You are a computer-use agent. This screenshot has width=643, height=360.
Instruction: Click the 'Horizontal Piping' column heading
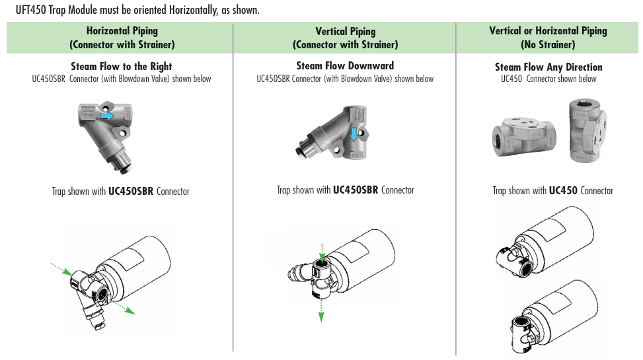(x=122, y=31)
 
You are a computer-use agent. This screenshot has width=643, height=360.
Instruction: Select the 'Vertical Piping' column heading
(x=345, y=32)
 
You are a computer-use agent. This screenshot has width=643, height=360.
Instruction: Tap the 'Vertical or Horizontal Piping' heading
(x=547, y=31)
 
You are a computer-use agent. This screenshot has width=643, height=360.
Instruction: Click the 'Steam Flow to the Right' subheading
(x=122, y=67)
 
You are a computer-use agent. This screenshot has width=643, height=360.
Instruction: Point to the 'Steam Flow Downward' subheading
(x=345, y=66)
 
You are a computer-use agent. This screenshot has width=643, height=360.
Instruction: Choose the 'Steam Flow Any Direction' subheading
(x=548, y=67)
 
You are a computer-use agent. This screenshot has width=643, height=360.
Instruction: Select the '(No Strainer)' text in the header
(x=547, y=45)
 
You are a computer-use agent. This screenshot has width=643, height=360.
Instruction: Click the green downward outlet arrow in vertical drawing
(x=321, y=308)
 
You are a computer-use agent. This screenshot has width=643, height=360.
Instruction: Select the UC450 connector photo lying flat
(x=524, y=135)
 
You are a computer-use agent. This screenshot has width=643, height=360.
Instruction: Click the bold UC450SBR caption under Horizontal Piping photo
(x=131, y=192)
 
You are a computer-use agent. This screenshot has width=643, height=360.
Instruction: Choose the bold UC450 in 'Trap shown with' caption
(x=563, y=191)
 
